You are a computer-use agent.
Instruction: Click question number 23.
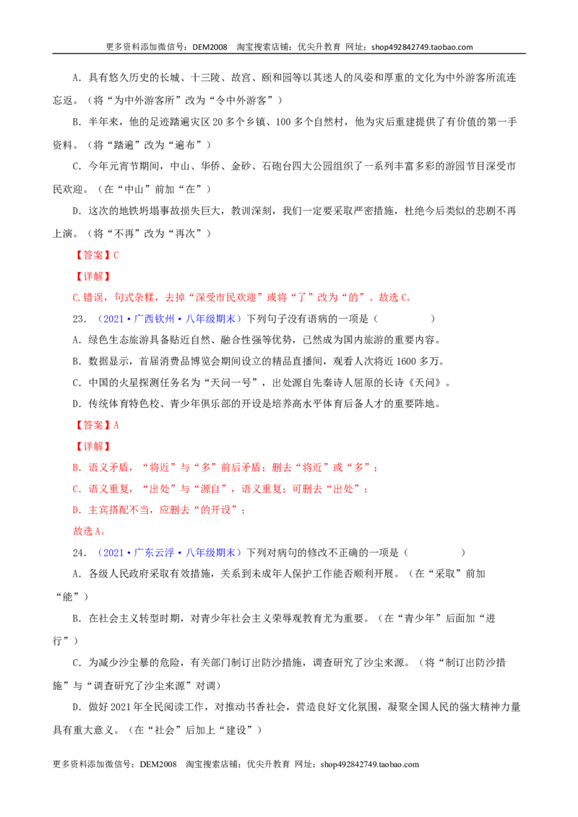click(79, 319)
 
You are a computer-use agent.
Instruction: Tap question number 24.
click(79, 553)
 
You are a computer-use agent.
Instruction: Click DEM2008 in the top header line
click(210, 47)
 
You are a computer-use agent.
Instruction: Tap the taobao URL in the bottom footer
click(370, 764)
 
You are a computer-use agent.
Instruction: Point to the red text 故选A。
click(90, 531)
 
